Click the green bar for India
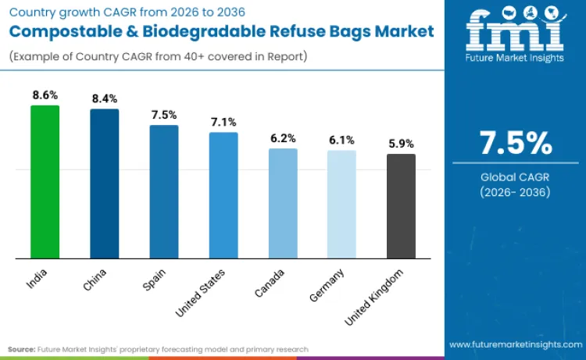pos(45,181)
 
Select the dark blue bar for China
pos(105,184)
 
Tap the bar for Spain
pos(164,191)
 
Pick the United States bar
pos(223,195)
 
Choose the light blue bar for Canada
pos(283,203)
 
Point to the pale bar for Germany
pos(341,204)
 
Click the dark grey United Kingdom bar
pos(401,206)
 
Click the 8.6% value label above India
pos(45,94)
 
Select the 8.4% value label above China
pos(105,98)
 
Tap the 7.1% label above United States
pos(223,122)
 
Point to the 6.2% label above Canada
pos(283,137)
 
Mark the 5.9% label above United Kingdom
pos(401,143)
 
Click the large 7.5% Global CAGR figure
pos(516,144)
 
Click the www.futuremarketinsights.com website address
pos(516,344)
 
